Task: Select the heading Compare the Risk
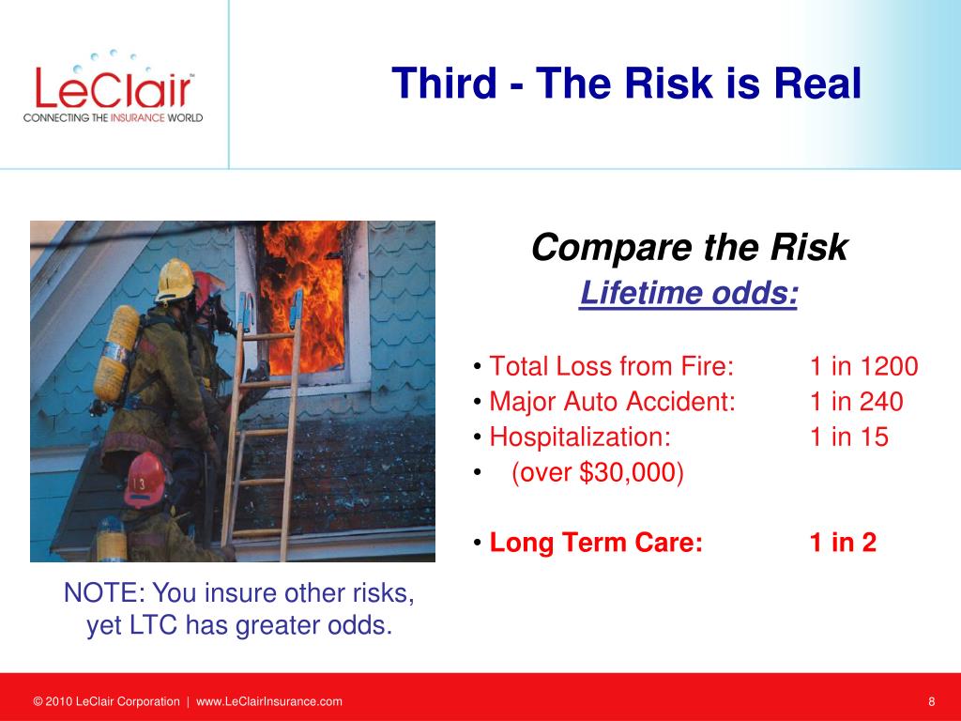coord(690,247)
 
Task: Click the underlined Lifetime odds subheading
coord(689,293)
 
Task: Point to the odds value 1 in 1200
coord(864,367)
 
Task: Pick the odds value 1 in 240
coord(856,402)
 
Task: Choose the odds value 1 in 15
coord(848,437)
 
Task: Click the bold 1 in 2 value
coord(843,543)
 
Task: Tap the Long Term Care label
coord(596,543)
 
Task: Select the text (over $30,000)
coord(598,473)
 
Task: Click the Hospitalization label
coord(580,437)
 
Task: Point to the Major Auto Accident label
coord(612,402)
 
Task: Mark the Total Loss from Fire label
coord(611,367)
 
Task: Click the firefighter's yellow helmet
coord(175,281)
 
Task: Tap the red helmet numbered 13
coord(145,481)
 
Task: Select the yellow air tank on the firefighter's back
coord(116,354)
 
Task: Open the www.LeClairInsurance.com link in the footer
coord(269,701)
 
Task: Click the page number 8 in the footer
coord(932,701)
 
